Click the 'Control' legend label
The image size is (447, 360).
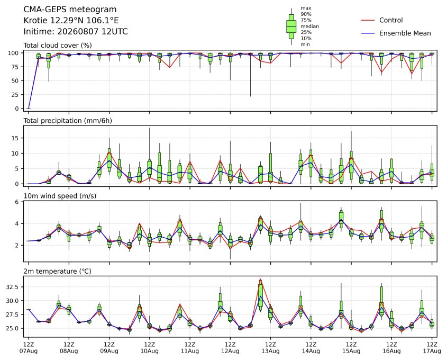coord(391,20)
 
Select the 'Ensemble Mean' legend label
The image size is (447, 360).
coord(405,33)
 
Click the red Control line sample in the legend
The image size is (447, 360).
coord(368,20)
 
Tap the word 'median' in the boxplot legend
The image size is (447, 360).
coord(309,26)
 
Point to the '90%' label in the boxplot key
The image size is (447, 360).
coord(306,14)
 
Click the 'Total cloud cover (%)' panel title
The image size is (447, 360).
coord(58,46)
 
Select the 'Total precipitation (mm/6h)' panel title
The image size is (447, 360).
coord(68,121)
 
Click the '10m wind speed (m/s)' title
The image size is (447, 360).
coord(60,196)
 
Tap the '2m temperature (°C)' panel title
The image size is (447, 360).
coord(57,271)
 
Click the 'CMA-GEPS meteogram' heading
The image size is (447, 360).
coord(70,10)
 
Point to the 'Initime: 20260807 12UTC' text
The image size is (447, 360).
coord(76,31)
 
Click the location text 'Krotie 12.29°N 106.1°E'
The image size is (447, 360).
coord(71,21)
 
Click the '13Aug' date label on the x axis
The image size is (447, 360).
coord(270,351)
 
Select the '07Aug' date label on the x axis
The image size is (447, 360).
coord(29,351)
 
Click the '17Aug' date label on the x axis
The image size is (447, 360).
coord(432,351)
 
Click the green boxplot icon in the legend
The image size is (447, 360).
coord(291,26)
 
